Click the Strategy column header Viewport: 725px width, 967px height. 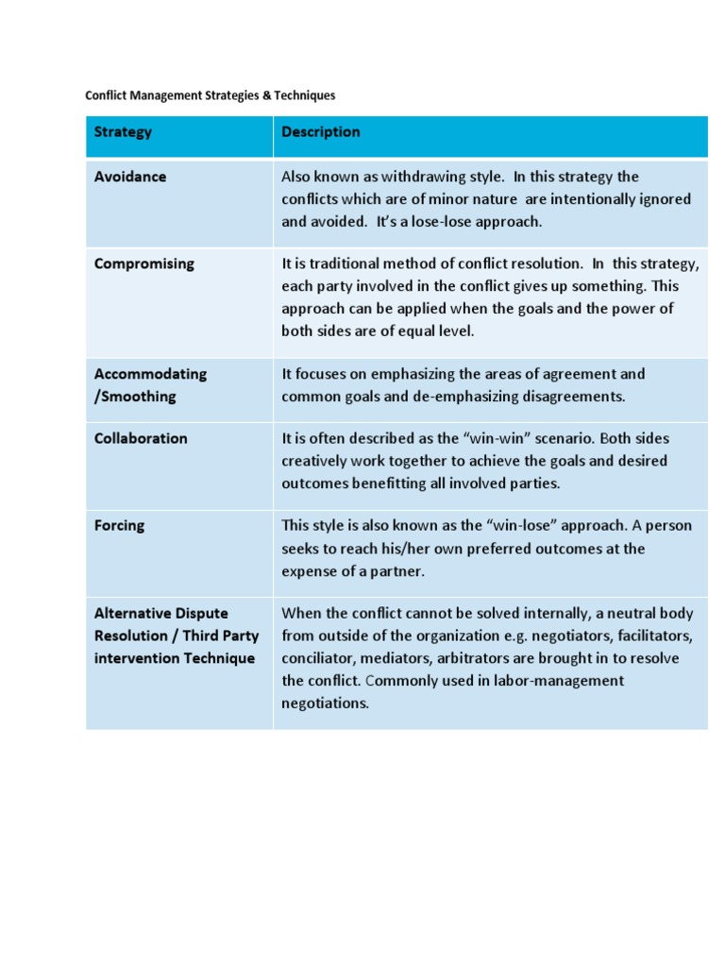click(123, 132)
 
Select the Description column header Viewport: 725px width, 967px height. click(321, 132)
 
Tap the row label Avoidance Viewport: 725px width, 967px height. click(130, 177)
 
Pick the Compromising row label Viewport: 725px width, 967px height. click(144, 264)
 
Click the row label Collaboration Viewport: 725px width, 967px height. click(141, 438)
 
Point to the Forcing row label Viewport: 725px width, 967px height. click(119, 526)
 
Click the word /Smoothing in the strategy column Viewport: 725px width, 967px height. click(135, 397)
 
